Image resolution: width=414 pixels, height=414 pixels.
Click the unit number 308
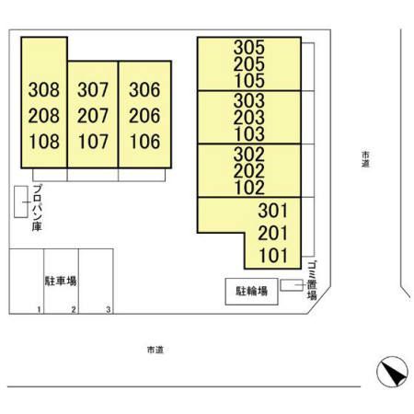[44, 89]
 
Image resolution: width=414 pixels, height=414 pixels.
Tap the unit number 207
[93, 116]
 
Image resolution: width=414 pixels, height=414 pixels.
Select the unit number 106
[144, 142]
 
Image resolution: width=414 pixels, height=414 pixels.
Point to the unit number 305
[249, 47]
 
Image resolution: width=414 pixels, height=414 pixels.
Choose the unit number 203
[249, 117]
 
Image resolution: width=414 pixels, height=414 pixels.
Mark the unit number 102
[249, 188]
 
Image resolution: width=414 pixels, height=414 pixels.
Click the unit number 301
[273, 211]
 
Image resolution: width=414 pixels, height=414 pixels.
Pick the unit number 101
[273, 256]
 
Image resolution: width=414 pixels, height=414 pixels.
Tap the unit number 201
[273, 233]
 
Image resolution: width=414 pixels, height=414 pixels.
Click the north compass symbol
[392, 372]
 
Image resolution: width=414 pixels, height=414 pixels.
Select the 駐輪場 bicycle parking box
[251, 292]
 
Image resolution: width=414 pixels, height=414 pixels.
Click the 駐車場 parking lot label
[61, 281]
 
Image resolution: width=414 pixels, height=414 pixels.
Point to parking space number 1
[39, 310]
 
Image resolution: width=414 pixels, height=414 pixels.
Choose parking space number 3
[109, 310]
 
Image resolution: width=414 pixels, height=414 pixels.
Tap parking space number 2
[74, 310]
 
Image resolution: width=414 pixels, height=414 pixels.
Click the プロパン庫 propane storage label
[37, 208]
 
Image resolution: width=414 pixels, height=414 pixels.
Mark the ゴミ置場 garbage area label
[312, 281]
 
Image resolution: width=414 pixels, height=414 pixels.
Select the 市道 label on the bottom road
[155, 350]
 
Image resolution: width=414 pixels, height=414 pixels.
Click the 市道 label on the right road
[365, 159]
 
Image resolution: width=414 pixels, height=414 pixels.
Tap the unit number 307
[93, 89]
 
